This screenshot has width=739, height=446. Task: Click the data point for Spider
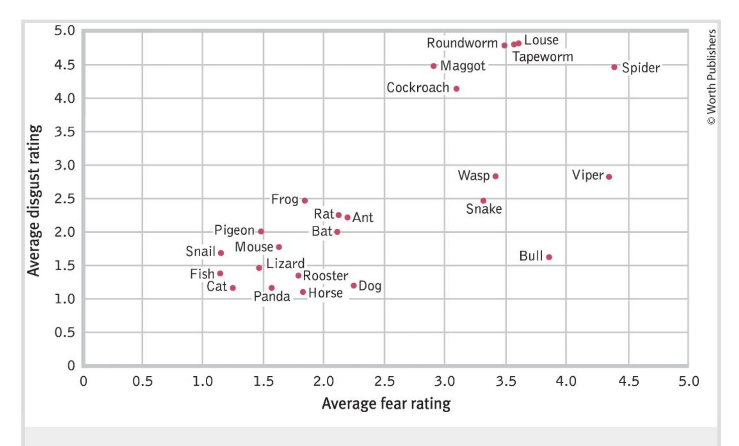pyautogui.click(x=614, y=67)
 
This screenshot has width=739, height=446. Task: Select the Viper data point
pyautogui.click(x=609, y=177)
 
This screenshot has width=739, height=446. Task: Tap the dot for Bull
pyautogui.click(x=549, y=257)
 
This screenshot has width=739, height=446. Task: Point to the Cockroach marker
pyautogui.click(x=456, y=89)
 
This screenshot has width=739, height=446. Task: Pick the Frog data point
pyautogui.click(x=304, y=201)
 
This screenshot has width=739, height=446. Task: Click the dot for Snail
pyautogui.click(x=221, y=253)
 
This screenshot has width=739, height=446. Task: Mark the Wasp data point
pyautogui.click(x=495, y=176)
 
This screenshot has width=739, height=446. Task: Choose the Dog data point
pyautogui.click(x=353, y=286)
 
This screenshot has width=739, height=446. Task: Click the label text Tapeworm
pyautogui.click(x=543, y=57)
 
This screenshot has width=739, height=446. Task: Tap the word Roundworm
pyautogui.click(x=462, y=43)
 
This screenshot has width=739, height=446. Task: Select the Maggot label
pyautogui.click(x=463, y=66)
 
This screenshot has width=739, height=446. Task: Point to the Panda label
pyautogui.click(x=272, y=297)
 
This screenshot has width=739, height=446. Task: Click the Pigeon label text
pyautogui.click(x=234, y=230)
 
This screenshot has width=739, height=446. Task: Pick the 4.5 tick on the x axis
pyautogui.click(x=629, y=381)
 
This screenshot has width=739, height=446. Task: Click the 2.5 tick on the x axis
pyautogui.click(x=384, y=381)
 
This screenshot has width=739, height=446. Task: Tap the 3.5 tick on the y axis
pyautogui.click(x=65, y=132)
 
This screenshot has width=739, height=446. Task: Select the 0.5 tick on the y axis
pyautogui.click(x=65, y=333)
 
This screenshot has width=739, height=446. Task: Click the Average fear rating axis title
pyautogui.click(x=386, y=404)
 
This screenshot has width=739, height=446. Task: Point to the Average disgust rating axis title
pyautogui.click(x=34, y=201)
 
